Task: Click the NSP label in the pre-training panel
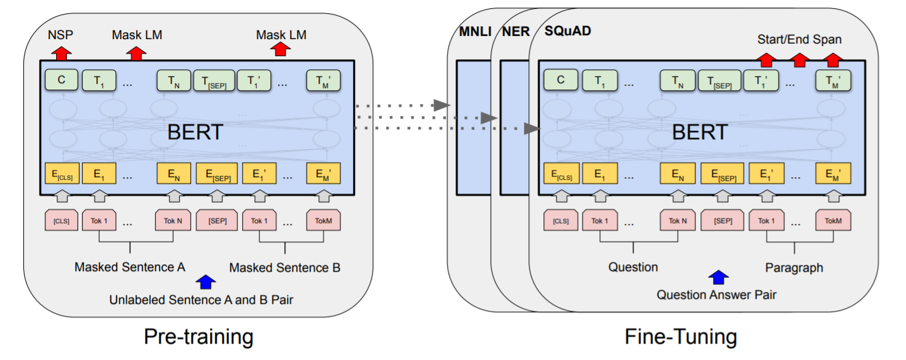pyautogui.click(x=61, y=35)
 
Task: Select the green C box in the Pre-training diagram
pyautogui.click(x=61, y=80)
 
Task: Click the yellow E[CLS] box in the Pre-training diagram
pyautogui.click(x=61, y=173)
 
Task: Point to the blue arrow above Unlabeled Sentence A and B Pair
pyautogui.click(x=205, y=281)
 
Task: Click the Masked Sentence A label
pyautogui.click(x=130, y=267)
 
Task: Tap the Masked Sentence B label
pyautogui.click(x=284, y=267)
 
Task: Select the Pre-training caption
pyautogui.click(x=199, y=336)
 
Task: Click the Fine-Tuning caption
pyautogui.click(x=680, y=336)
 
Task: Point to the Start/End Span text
pyautogui.click(x=799, y=40)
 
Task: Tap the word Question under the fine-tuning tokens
pyautogui.click(x=633, y=267)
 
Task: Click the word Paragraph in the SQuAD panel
pyautogui.click(x=794, y=267)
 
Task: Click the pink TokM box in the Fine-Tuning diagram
pyautogui.click(x=833, y=221)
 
